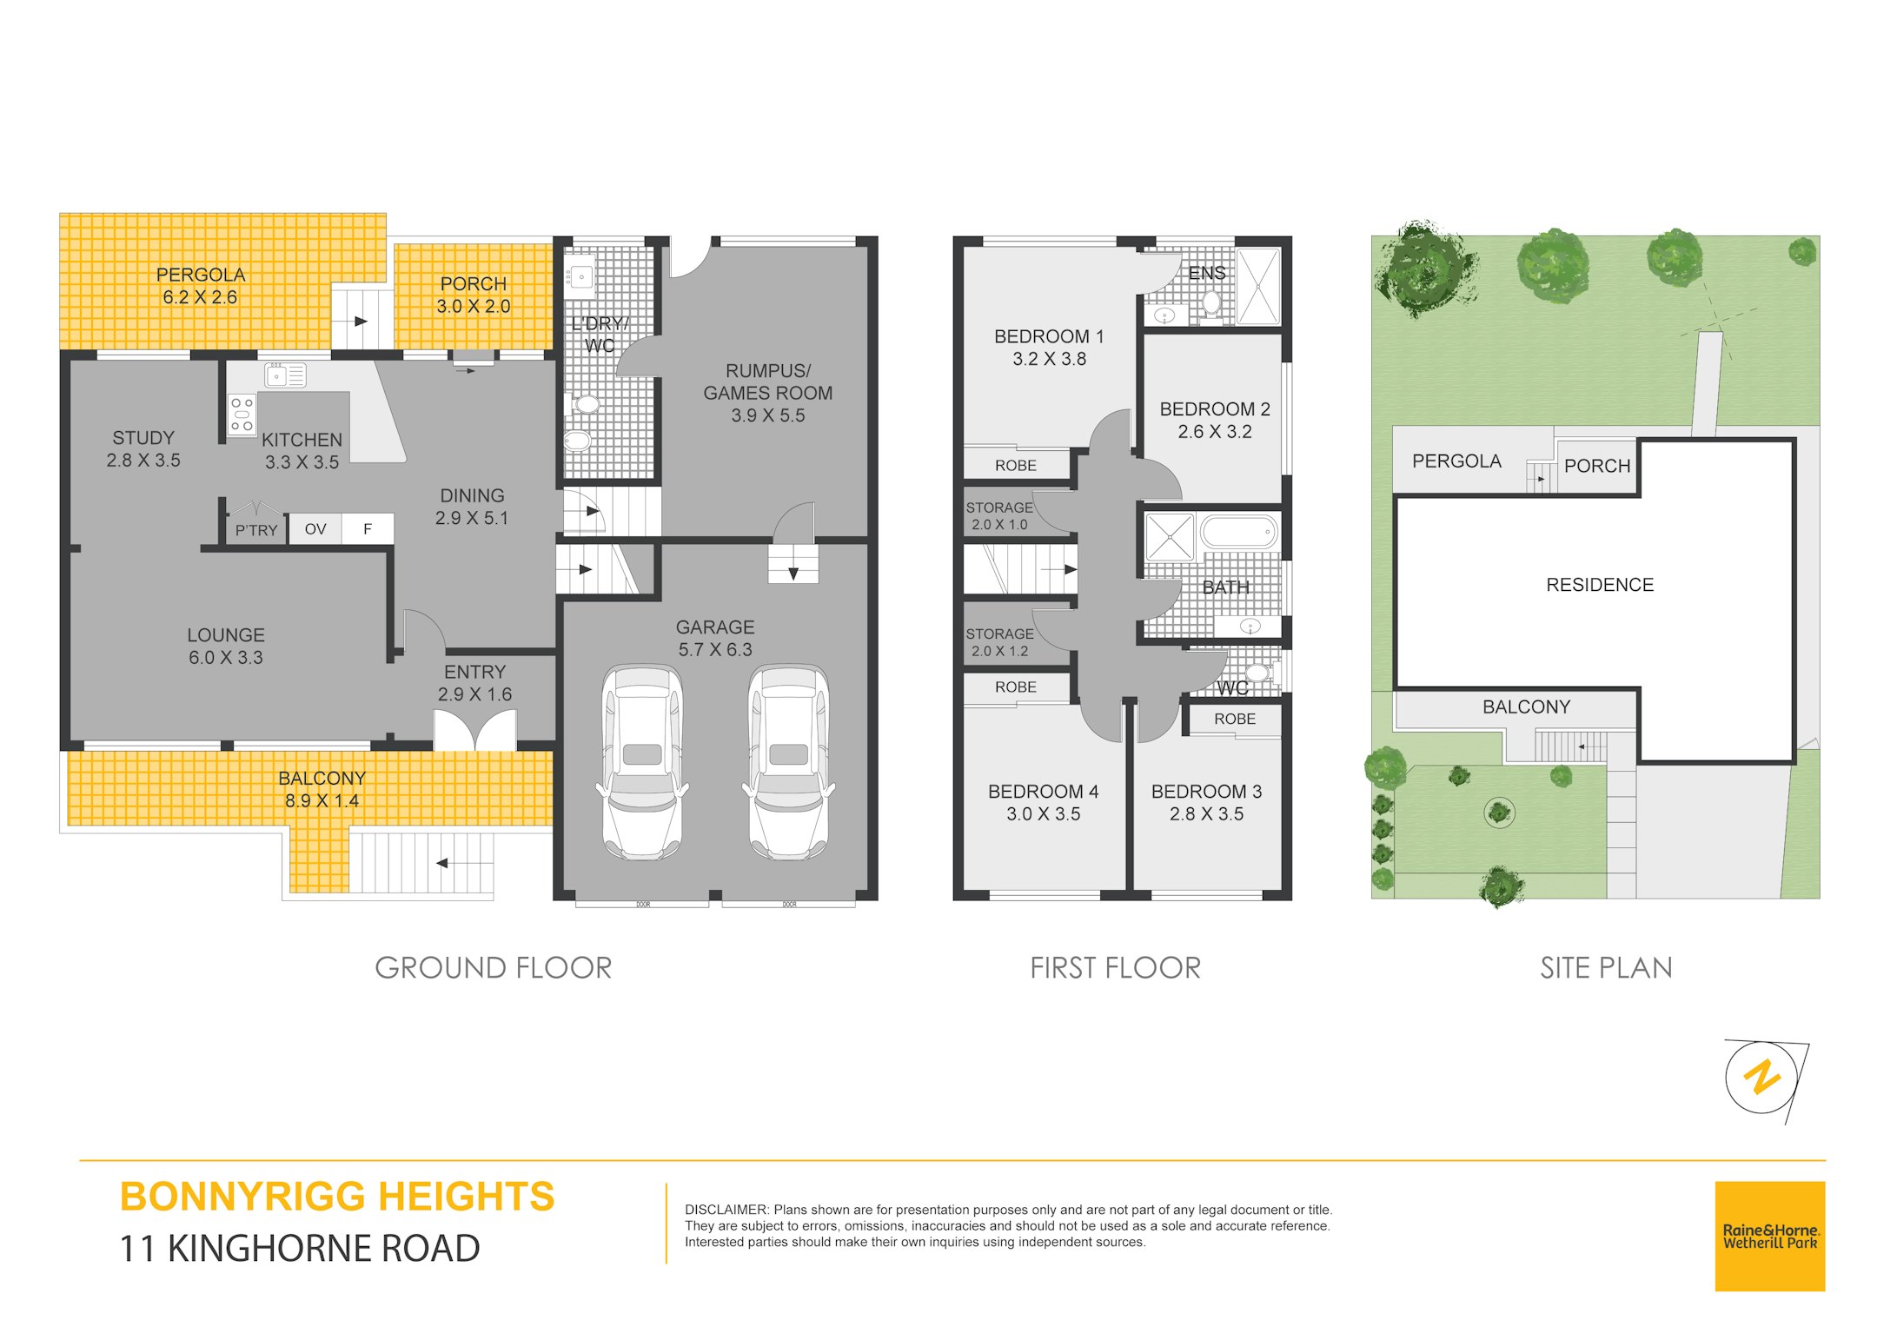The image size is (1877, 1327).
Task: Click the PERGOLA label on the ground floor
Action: tap(201, 275)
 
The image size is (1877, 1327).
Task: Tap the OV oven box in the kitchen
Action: tap(315, 529)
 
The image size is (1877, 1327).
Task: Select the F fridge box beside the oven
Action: tap(368, 529)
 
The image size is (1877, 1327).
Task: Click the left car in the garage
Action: tap(642, 761)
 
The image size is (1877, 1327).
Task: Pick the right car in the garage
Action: tap(788, 761)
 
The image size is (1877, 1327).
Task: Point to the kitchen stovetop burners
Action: tap(242, 415)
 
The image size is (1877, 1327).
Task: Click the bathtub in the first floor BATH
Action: tap(1238, 531)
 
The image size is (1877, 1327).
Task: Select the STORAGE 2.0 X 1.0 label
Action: tap(999, 516)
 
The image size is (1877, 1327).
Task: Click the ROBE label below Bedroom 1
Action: tap(1016, 466)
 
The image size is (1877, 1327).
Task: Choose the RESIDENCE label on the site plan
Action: tap(1600, 586)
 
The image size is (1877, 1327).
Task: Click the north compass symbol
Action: tap(1764, 1078)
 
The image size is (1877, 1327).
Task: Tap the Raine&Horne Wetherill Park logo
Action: tap(1770, 1236)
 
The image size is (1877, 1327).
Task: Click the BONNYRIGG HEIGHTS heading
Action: tap(337, 1197)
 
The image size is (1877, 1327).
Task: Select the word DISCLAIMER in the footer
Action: tap(726, 1210)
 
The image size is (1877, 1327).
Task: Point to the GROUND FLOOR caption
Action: tap(494, 968)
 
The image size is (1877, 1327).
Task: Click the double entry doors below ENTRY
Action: tap(475, 730)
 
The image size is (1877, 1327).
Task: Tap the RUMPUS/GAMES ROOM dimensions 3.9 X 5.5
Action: tap(768, 415)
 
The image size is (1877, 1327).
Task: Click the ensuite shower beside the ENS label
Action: tap(1258, 287)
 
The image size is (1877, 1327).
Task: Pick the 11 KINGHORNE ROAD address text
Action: tap(300, 1249)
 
